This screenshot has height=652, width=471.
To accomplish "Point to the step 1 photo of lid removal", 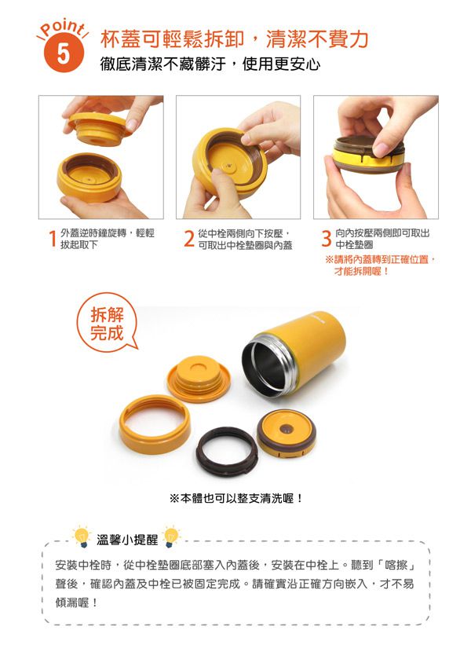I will pos(100,157).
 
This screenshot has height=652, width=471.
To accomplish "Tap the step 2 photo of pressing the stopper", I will pos(238,157).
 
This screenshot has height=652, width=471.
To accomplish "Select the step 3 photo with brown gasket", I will pos(375,157).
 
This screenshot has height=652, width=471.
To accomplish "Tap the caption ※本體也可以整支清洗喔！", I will pos(236,498).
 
